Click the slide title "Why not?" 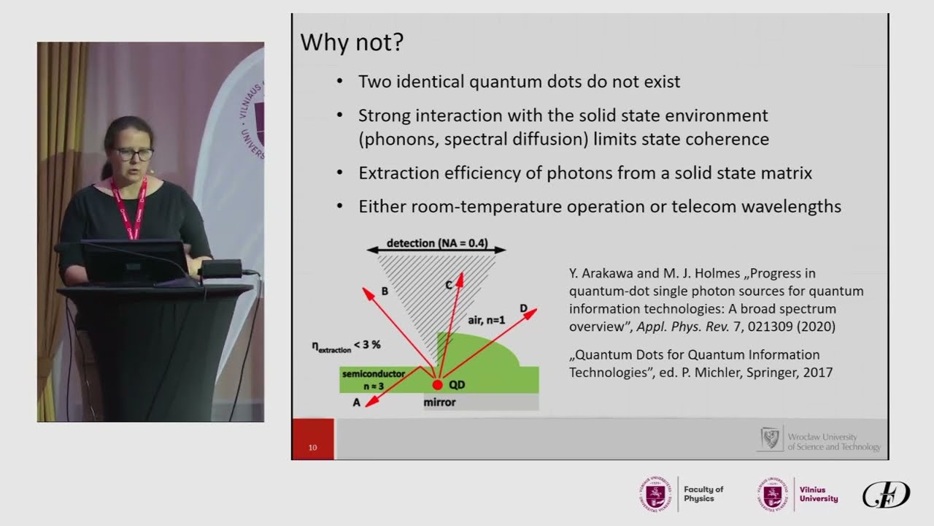352,42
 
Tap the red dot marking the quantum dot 437,384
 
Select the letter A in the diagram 357,403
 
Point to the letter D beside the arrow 523,308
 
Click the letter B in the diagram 385,291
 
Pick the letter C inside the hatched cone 449,286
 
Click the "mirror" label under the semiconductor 439,403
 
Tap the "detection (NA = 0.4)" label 436,243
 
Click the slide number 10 313,448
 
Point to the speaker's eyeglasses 134,153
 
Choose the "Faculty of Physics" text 703,494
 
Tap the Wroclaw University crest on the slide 770,438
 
